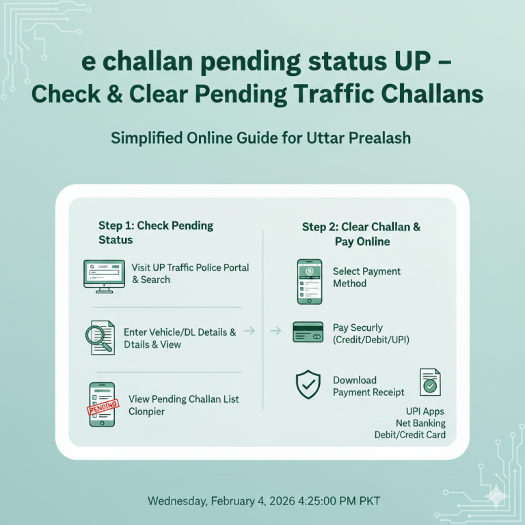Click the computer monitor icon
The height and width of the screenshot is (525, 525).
click(x=104, y=275)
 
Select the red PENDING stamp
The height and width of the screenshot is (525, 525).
click(x=103, y=409)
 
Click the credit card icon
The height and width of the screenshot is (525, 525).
click(x=308, y=332)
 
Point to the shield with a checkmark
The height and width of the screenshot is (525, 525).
click(x=308, y=385)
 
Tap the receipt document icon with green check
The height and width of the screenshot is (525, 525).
click(x=430, y=383)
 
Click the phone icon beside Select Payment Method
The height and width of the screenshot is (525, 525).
click(x=309, y=281)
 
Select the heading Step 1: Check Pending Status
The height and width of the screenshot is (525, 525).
click(x=156, y=232)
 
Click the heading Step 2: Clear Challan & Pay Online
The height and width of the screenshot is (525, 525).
click(x=362, y=234)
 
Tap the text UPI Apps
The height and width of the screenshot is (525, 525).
click(x=425, y=412)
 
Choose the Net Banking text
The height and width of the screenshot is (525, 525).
click(x=420, y=423)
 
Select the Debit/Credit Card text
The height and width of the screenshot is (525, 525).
click(x=409, y=435)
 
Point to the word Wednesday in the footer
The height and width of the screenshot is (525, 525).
click(x=178, y=501)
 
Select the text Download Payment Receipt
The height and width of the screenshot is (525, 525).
click(x=368, y=386)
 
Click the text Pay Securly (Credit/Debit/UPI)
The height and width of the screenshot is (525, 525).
click(x=371, y=334)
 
